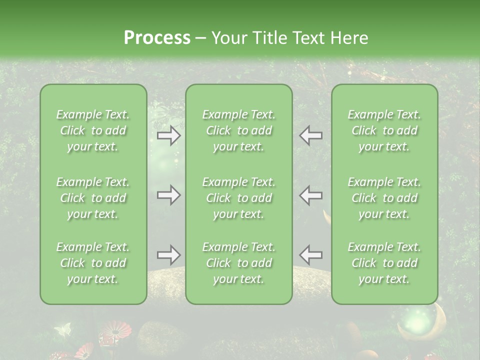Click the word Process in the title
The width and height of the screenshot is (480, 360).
coord(157,38)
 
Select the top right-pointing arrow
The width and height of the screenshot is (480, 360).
coord(169,135)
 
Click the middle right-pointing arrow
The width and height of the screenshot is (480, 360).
coord(169,195)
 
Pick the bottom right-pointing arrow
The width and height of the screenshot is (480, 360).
coord(169,255)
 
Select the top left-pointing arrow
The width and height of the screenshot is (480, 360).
coord(311,135)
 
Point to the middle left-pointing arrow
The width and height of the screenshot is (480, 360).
coord(311,195)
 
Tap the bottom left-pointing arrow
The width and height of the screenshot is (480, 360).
coord(311,255)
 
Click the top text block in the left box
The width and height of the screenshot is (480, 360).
coord(93,130)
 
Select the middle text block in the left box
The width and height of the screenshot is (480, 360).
coord(93,198)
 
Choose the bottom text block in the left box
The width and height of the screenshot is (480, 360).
coord(93,263)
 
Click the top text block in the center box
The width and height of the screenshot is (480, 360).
coord(239,130)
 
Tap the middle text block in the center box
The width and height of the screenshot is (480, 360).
coord(239,198)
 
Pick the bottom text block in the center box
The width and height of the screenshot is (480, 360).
coord(239,263)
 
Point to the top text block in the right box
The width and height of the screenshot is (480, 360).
coord(384,130)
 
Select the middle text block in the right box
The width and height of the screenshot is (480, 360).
coord(384,198)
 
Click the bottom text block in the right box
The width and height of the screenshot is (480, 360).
coord(384,263)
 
